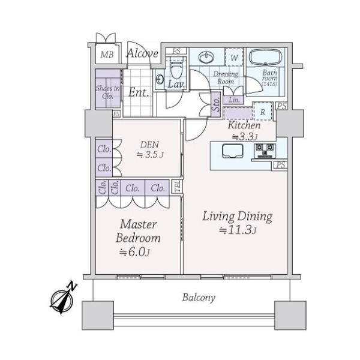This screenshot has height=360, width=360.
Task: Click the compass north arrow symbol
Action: pyautogui.click(x=62, y=298)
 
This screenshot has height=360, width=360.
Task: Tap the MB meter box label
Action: pyautogui.click(x=107, y=55)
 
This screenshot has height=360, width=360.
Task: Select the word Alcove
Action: pyautogui.click(x=142, y=53)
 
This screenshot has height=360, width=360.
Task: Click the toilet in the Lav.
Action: pyautogui.click(x=176, y=68)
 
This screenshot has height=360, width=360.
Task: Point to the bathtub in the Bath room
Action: pyautogui.click(x=265, y=58)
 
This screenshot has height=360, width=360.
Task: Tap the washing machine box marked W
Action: pyautogui.click(x=234, y=58)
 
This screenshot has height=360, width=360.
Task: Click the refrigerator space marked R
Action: pyautogui.click(x=263, y=112)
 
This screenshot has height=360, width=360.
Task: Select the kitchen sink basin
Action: pyautogui.click(x=233, y=151)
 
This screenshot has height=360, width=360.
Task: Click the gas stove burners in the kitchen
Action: pyautogui.click(x=265, y=151)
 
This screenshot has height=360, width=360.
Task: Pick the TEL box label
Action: pyautogui.click(x=178, y=186)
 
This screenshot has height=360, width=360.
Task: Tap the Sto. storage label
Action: pyautogui.click(x=216, y=104)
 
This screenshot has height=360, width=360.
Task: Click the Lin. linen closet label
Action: pyautogui.click(x=234, y=100)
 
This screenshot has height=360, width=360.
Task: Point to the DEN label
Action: pyautogui.click(x=149, y=145)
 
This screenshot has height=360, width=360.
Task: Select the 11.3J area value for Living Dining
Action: pyautogui.click(x=238, y=230)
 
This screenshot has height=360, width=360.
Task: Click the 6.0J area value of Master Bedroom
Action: pyautogui.click(x=135, y=253)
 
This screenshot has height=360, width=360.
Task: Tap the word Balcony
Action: pyautogui.click(x=199, y=298)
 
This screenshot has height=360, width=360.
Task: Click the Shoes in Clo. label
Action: pyautogui.click(x=107, y=92)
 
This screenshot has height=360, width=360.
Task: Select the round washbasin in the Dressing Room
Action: pyautogui.click(x=206, y=56)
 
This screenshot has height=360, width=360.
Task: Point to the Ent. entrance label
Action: pyautogui.click(x=139, y=92)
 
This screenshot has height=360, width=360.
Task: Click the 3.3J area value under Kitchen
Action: pyautogui.click(x=245, y=137)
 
